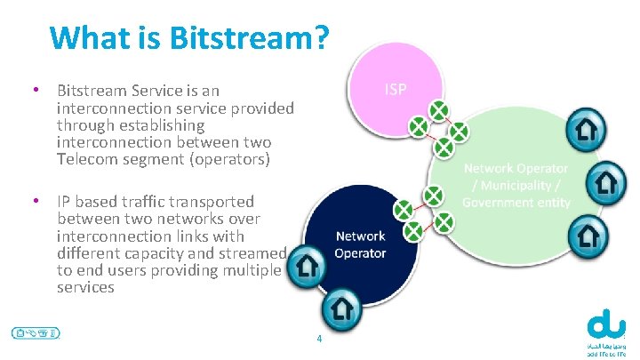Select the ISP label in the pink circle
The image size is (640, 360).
click(396, 89)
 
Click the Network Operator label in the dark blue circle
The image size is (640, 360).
click(360, 244)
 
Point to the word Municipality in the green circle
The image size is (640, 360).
click(518, 185)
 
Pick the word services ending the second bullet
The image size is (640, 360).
click(85, 288)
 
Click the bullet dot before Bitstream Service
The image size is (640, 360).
click(34, 90)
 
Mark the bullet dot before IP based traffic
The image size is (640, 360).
click(34, 201)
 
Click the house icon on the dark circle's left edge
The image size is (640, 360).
click(308, 265)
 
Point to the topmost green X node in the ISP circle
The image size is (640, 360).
click(438, 110)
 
